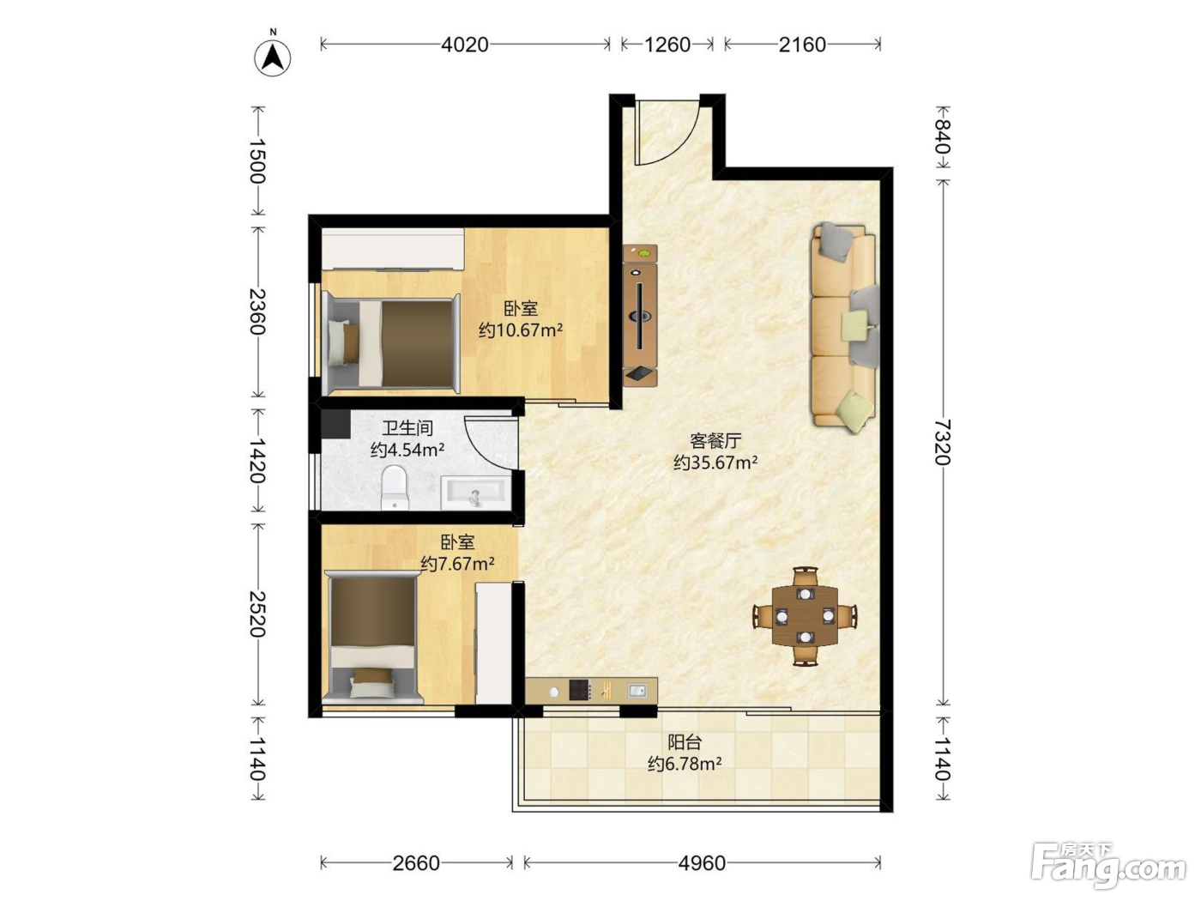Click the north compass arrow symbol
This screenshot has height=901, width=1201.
click(x=273, y=57)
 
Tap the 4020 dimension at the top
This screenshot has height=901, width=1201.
click(x=465, y=45)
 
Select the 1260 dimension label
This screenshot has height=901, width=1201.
click(x=667, y=45)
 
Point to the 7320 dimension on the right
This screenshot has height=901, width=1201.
click(x=942, y=442)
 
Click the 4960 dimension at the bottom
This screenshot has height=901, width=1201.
click(x=702, y=862)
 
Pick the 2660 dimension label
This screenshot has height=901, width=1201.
click(x=416, y=862)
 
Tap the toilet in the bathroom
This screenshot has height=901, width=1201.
click(x=394, y=487)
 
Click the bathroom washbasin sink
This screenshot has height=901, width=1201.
click(x=476, y=493)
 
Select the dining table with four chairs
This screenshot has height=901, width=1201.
click(x=805, y=616)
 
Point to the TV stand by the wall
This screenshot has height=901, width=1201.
click(x=640, y=316)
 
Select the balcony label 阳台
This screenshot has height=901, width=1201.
click(x=685, y=742)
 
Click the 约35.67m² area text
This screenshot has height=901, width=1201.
click(x=715, y=463)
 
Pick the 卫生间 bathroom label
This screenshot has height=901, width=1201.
click(x=407, y=428)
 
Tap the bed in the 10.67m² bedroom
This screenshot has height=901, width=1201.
click(x=391, y=343)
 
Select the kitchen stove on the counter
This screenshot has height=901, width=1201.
click(x=580, y=690)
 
